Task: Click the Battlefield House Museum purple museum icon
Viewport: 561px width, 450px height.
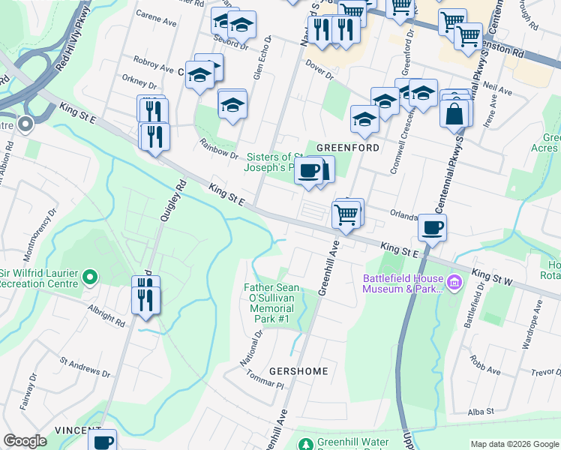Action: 454,283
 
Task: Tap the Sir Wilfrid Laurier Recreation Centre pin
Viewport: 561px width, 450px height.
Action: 90,278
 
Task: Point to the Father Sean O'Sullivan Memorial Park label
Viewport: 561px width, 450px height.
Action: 271,303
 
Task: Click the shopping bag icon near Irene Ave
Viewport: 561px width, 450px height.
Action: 454,115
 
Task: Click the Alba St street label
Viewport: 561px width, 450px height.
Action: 480,411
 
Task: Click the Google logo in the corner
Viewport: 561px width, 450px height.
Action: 25,441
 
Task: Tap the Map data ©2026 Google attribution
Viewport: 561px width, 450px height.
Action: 514,444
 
